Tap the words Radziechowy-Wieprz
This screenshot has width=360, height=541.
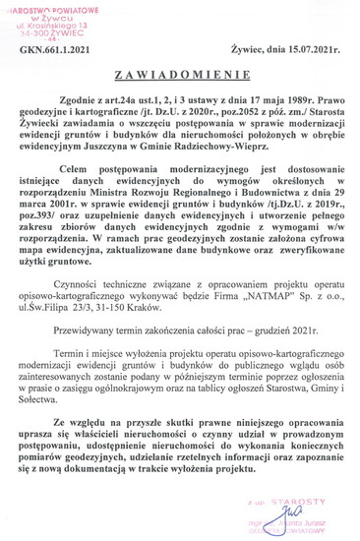click(x=269, y=150)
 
